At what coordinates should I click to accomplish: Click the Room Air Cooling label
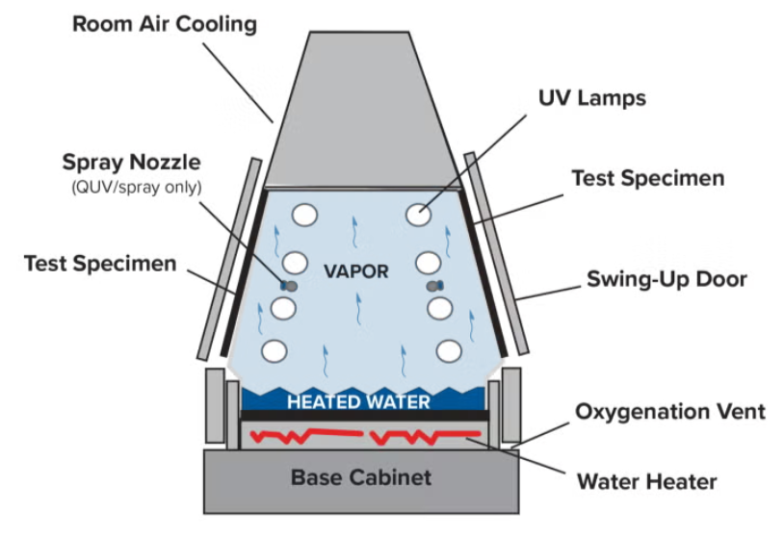point(165,23)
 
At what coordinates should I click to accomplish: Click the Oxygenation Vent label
point(670,412)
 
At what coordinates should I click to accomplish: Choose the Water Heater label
point(646,480)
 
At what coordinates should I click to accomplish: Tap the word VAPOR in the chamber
point(356,271)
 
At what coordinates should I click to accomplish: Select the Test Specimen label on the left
point(100,263)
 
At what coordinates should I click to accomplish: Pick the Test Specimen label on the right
point(647,178)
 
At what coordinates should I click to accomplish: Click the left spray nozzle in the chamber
point(288,286)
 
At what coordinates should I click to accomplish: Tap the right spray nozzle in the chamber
point(434,286)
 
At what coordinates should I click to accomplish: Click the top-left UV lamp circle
point(305,215)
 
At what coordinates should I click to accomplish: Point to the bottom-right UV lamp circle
point(447,350)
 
